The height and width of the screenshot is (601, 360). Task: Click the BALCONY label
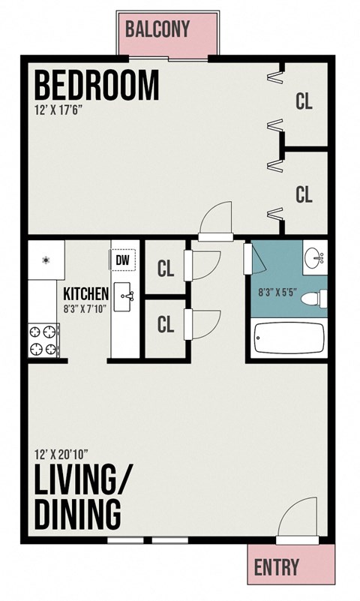click(x=157, y=29)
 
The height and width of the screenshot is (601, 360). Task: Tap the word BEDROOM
click(x=97, y=86)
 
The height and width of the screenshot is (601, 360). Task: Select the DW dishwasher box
click(x=123, y=259)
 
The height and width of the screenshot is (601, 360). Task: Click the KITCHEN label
click(x=86, y=293)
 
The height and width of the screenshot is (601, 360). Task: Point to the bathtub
click(x=289, y=338)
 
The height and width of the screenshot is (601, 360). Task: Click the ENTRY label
click(x=277, y=566)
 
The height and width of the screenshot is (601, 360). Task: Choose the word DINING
click(x=78, y=515)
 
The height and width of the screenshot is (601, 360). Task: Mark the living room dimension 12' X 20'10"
click(x=62, y=454)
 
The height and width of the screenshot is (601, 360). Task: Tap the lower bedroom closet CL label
click(x=304, y=194)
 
